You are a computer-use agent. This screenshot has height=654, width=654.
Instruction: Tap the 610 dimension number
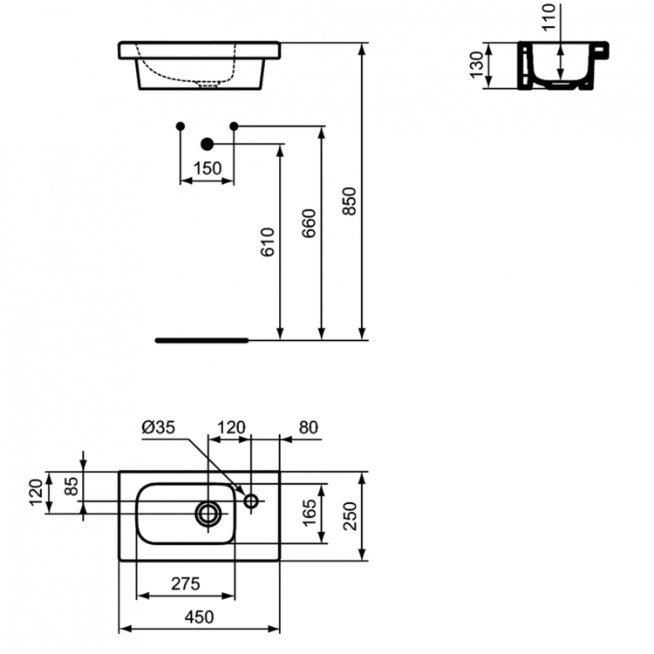point(268,242)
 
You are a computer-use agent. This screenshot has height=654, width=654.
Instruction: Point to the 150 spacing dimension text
point(207,168)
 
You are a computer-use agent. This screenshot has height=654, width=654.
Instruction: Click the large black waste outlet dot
point(207,144)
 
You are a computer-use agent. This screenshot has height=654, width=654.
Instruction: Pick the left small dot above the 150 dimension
point(180,126)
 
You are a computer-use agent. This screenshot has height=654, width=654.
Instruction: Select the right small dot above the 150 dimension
point(234,126)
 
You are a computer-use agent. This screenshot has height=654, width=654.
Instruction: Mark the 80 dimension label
point(308,427)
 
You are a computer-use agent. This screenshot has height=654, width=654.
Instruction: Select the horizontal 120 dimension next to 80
point(230,427)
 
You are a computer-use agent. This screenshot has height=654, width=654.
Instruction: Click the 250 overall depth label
point(350,517)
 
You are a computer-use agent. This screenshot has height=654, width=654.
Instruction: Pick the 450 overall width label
point(199,617)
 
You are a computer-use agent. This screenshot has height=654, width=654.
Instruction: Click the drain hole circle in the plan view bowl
point(208,514)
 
